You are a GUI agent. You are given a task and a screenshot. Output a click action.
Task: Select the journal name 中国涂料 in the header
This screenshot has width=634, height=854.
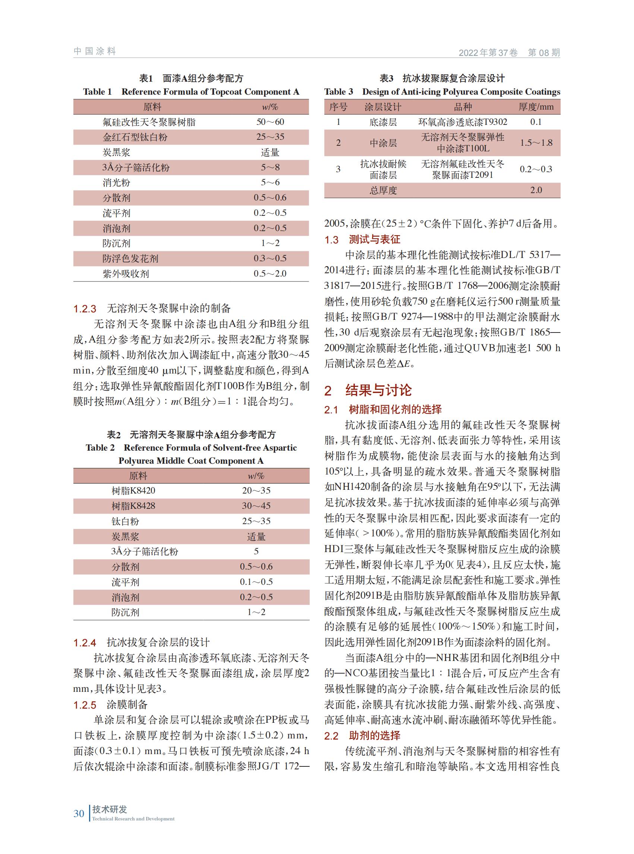pyautogui.click(x=94, y=51)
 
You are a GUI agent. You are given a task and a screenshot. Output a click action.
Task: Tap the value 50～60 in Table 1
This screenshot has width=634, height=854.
pyautogui.click(x=270, y=122)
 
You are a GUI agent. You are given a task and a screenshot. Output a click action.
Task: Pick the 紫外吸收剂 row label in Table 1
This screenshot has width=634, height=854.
pyautogui.click(x=126, y=274)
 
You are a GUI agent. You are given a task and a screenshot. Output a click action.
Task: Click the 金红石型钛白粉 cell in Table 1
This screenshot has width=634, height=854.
pyautogui.click(x=135, y=137)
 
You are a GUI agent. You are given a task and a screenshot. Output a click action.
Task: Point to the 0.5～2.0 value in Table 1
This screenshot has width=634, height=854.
pyautogui.click(x=270, y=274)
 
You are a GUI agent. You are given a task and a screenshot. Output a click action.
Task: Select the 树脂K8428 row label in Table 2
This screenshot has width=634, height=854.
pyautogui.click(x=133, y=506)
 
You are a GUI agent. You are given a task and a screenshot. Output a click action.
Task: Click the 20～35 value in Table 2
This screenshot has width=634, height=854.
pyautogui.click(x=256, y=491)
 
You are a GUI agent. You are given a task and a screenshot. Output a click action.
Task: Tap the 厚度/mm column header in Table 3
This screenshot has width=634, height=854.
pyautogui.click(x=536, y=107)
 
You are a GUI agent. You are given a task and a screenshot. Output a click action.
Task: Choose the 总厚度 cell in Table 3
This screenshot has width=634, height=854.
pyautogui.click(x=383, y=190)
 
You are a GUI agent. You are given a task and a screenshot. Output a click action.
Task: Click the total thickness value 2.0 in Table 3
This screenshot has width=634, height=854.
pyautogui.click(x=536, y=190)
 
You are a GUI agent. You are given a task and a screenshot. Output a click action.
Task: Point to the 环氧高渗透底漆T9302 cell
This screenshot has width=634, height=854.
pyautogui.click(x=463, y=122)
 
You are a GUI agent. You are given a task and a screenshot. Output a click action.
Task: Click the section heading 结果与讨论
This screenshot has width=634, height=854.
pyautogui.click(x=378, y=390)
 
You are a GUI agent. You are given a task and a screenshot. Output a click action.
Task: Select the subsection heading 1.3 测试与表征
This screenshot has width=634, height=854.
pyautogui.click(x=362, y=240)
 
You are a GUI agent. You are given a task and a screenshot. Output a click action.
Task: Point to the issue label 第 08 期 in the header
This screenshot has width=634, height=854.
pyautogui.click(x=543, y=53)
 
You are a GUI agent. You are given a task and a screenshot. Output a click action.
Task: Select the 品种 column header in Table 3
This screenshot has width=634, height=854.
pyautogui.click(x=463, y=107)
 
